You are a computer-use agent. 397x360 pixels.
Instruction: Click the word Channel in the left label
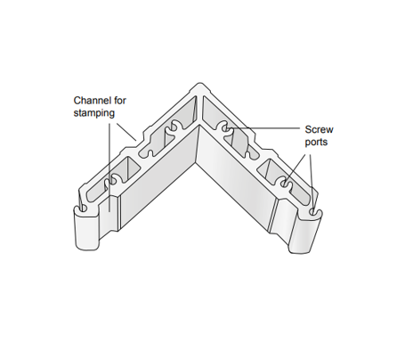(93, 101)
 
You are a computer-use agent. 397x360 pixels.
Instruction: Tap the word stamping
(94, 113)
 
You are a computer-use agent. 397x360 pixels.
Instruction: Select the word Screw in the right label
(320, 129)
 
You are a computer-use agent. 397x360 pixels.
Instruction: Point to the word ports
(316, 143)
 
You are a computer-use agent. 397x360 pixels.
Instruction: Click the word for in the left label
(120, 101)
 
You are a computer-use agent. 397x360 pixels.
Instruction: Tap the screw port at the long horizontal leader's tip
(226, 128)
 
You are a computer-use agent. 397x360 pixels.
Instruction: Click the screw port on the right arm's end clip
(312, 212)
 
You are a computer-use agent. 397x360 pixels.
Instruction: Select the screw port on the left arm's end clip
(84, 208)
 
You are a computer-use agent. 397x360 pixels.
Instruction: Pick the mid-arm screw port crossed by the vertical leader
(112, 180)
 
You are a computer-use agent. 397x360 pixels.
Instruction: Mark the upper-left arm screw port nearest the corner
(172, 127)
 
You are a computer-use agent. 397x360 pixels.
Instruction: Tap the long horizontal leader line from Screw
(264, 128)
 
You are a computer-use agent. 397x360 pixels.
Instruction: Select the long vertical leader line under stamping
(109, 168)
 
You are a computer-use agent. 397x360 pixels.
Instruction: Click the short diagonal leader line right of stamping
(126, 131)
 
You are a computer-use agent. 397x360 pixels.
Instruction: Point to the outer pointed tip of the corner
(199, 84)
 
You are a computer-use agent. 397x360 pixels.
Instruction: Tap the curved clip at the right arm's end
(305, 233)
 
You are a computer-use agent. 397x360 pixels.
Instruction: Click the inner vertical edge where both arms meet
(198, 144)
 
